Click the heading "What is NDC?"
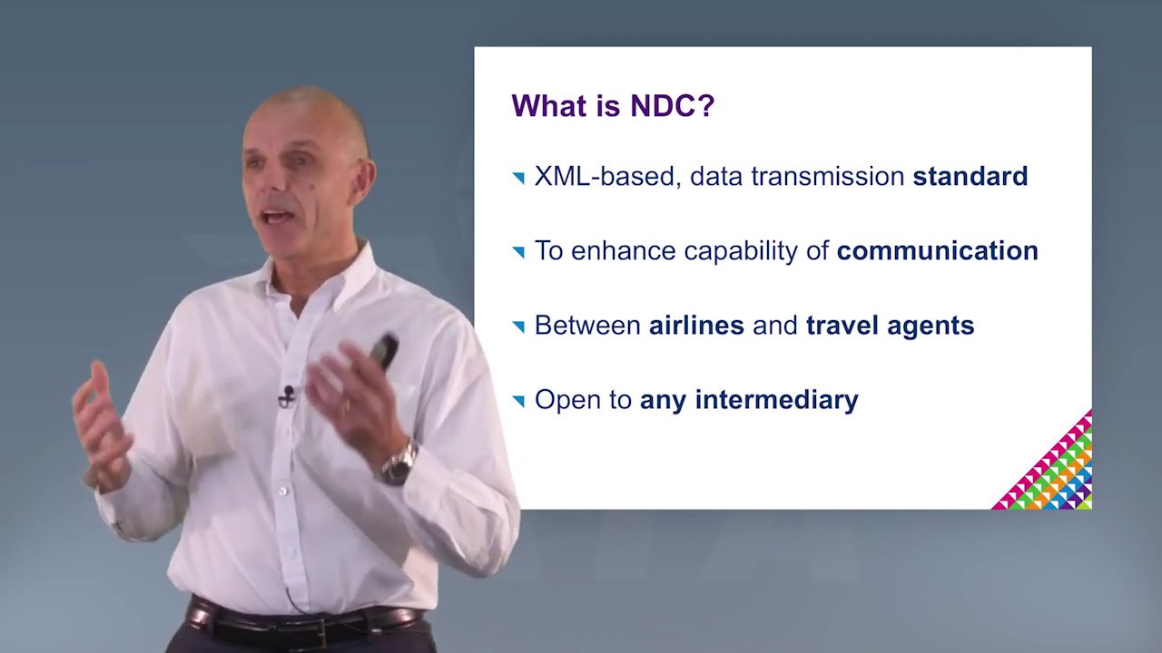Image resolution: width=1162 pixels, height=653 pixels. click(613, 105)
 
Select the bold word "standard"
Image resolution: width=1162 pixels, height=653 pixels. click(970, 176)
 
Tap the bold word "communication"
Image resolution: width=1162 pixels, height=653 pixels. click(937, 250)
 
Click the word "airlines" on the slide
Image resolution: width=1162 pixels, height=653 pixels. click(696, 325)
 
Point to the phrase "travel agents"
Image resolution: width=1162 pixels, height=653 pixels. click(890, 325)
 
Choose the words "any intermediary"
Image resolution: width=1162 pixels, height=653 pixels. click(749, 399)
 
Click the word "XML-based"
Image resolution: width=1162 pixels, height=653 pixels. click(604, 176)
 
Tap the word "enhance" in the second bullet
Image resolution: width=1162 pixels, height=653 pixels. click(625, 250)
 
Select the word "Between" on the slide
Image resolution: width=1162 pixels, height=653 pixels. click(587, 325)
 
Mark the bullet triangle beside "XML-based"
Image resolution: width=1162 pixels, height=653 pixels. click(518, 178)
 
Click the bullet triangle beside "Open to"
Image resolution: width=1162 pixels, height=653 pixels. click(518, 401)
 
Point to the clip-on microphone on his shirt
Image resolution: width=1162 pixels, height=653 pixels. click(288, 395)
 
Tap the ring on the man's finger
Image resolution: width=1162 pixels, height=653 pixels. click(345, 407)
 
